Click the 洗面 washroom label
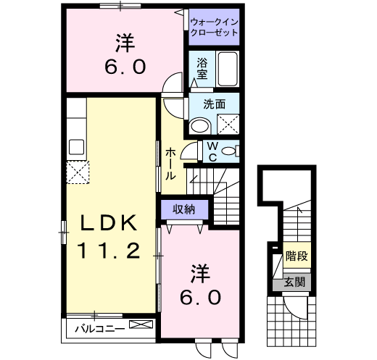pyautogui.click(x=214, y=104)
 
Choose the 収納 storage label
pyautogui.click(x=184, y=209)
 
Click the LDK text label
pyautogui.click(x=108, y=224)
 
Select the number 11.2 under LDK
pyautogui.click(x=108, y=251)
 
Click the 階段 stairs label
pyautogui.click(x=296, y=256)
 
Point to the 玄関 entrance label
pyautogui.click(x=294, y=281)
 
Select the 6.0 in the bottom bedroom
pyautogui.click(x=196, y=297)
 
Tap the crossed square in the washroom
pyautogui.click(x=230, y=123)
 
